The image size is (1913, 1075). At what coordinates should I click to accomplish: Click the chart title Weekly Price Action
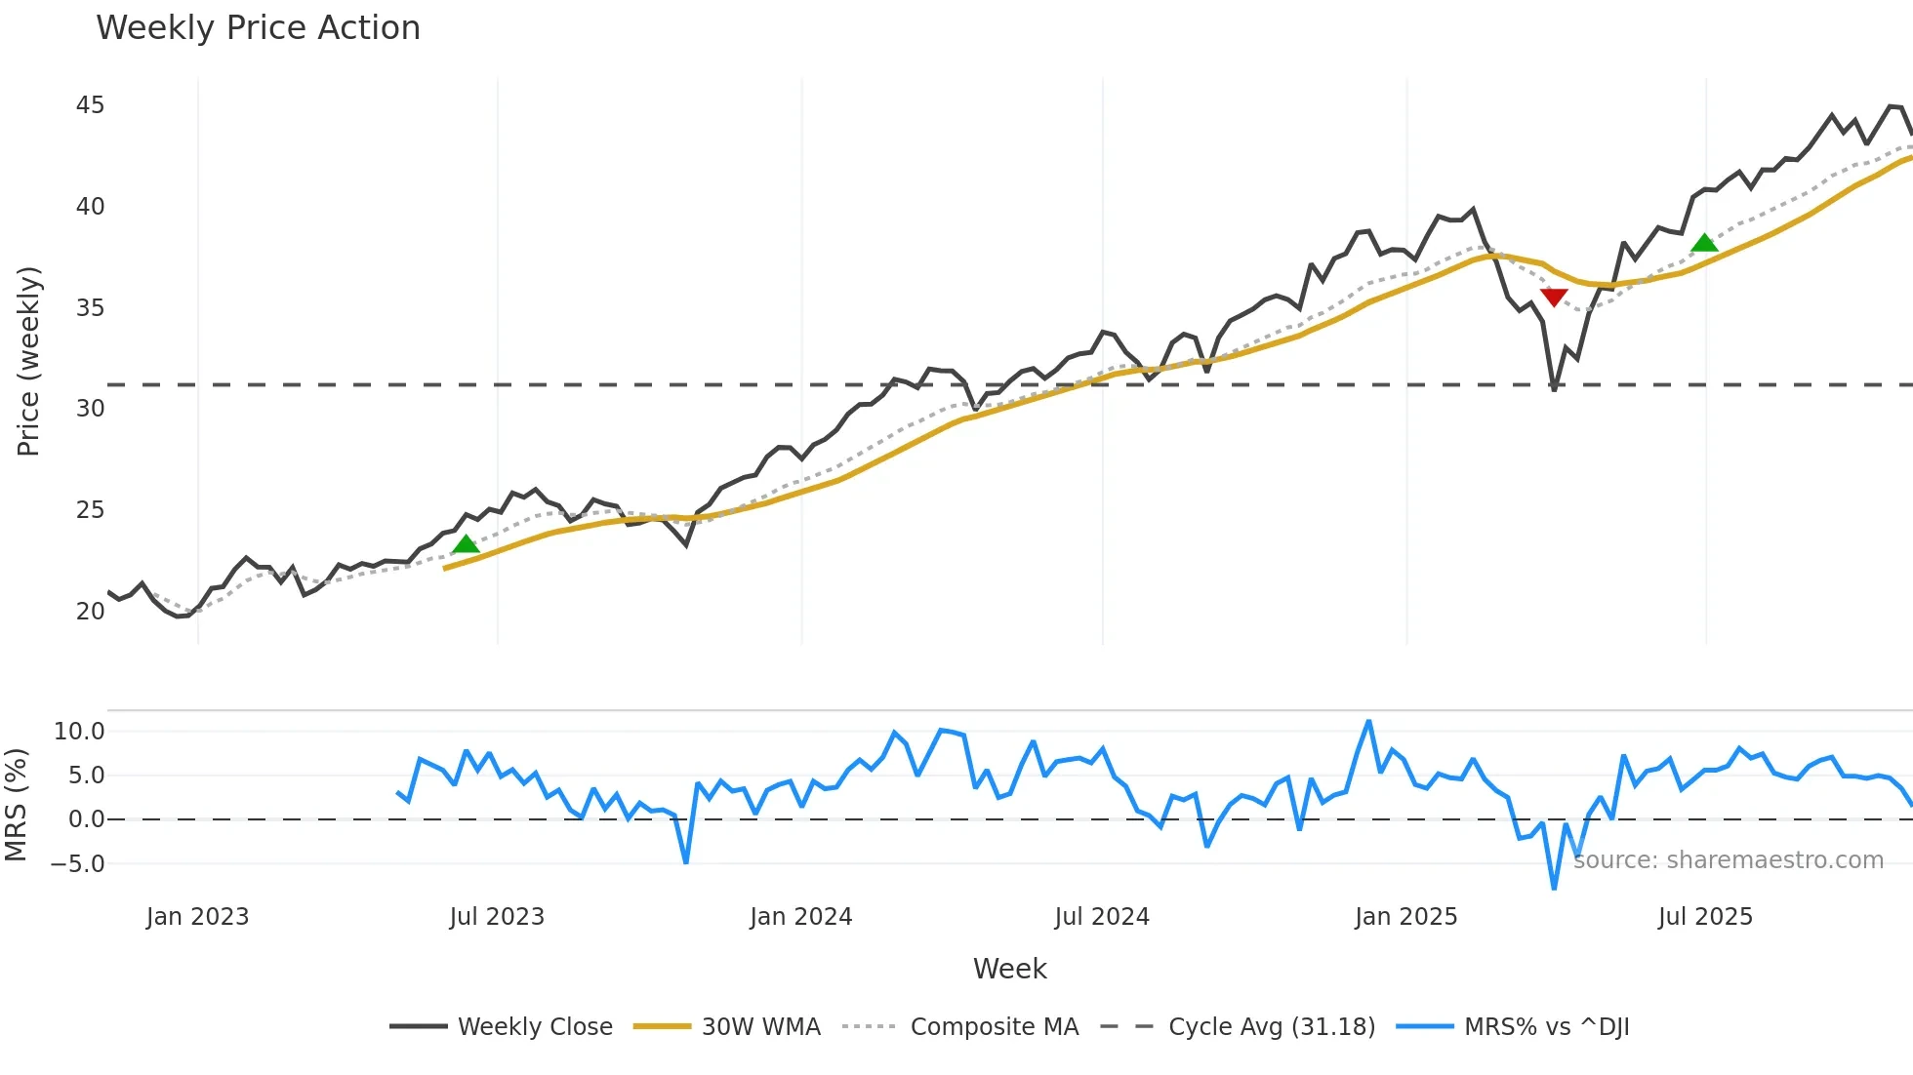(258, 27)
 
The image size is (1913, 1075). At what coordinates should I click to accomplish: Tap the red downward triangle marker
(1554, 297)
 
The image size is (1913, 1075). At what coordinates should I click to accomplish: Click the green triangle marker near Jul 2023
(467, 544)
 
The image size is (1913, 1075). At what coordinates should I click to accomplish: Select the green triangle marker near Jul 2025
(1704, 243)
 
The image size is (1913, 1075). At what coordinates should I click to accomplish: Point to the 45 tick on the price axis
(90, 105)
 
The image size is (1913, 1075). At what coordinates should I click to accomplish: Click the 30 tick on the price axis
(90, 409)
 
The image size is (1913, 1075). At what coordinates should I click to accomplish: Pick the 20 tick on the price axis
(90, 611)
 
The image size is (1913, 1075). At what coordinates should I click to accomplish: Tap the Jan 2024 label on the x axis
(800, 917)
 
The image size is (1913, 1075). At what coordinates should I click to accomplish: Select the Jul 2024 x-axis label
(1102, 917)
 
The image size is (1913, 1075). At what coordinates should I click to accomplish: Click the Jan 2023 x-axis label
(197, 917)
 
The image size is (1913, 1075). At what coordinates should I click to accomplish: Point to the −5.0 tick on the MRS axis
(77, 863)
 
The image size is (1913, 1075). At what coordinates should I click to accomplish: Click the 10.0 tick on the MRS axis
(79, 732)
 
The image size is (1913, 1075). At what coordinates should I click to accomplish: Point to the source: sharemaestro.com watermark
(1728, 859)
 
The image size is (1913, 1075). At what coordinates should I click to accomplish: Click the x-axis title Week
(1009, 969)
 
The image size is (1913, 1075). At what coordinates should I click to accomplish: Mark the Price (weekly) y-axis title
(28, 361)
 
